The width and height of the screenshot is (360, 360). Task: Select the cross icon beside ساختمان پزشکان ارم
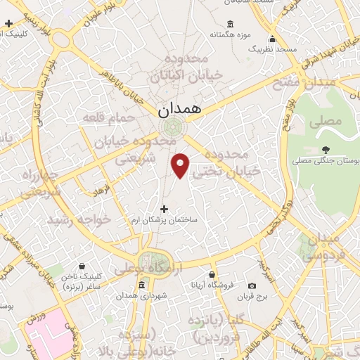(165, 209)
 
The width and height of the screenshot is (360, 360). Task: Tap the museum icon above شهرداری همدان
(142, 285)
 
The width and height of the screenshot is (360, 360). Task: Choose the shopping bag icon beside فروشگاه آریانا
(212, 274)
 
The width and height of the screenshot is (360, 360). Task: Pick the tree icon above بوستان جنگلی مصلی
(325, 149)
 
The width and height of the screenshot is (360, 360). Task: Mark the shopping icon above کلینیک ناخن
(82, 266)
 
